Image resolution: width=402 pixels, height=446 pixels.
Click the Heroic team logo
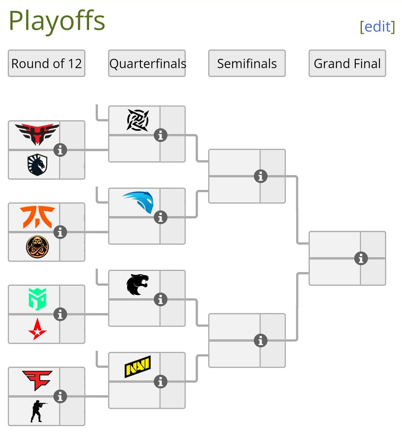37,134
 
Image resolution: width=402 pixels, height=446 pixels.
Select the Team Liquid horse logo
37,165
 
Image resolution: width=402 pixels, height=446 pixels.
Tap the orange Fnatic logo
37,217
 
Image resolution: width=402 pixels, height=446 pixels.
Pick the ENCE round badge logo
37,247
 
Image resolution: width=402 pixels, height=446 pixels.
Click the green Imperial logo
37,299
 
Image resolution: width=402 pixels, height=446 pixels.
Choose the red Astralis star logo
37,329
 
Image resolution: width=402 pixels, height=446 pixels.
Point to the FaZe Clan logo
37,380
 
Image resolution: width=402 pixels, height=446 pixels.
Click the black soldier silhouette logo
37,411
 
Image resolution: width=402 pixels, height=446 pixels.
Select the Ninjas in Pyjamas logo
137,120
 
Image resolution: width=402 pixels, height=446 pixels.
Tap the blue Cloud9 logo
138,202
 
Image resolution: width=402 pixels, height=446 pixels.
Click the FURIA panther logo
137,284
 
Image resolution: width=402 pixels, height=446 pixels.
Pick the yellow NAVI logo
137,366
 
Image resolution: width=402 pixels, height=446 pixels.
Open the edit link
377,26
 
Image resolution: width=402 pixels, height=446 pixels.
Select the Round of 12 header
46,64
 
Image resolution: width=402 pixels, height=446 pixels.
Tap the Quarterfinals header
147,64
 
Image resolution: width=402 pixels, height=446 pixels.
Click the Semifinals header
247,64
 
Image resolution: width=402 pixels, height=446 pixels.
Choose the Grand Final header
347,64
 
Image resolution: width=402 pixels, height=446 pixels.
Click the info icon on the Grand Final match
361,258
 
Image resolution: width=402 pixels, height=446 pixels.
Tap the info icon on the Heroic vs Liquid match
60,150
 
